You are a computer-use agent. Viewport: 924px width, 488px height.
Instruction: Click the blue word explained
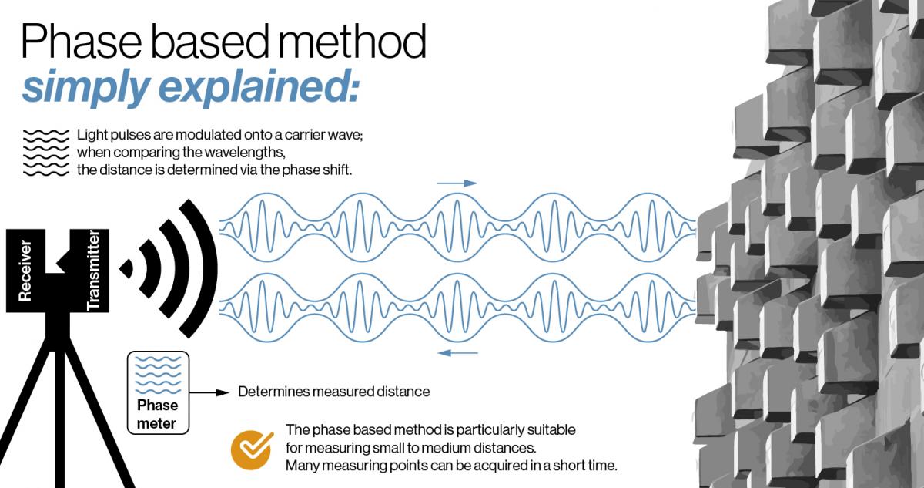click(x=259, y=86)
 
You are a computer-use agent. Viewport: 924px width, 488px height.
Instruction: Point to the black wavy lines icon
click(x=45, y=153)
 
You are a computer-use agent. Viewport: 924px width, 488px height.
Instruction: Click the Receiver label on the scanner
click(x=25, y=270)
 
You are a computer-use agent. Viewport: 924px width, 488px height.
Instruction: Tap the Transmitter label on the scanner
click(x=93, y=270)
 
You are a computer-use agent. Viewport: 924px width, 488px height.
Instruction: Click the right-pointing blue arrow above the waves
click(x=457, y=183)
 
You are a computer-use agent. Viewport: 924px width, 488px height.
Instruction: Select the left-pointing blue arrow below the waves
click(x=457, y=353)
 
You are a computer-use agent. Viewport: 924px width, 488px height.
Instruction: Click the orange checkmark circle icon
click(x=252, y=449)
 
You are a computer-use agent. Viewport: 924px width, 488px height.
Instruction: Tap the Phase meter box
click(x=159, y=392)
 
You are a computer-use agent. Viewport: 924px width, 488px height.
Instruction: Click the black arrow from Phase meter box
click(x=209, y=392)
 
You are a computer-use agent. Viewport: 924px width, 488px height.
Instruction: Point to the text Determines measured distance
click(x=333, y=392)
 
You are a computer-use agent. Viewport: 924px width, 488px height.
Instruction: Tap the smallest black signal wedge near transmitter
click(x=126, y=269)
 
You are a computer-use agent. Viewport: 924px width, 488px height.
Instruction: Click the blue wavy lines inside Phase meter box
click(x=159, y=375)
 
